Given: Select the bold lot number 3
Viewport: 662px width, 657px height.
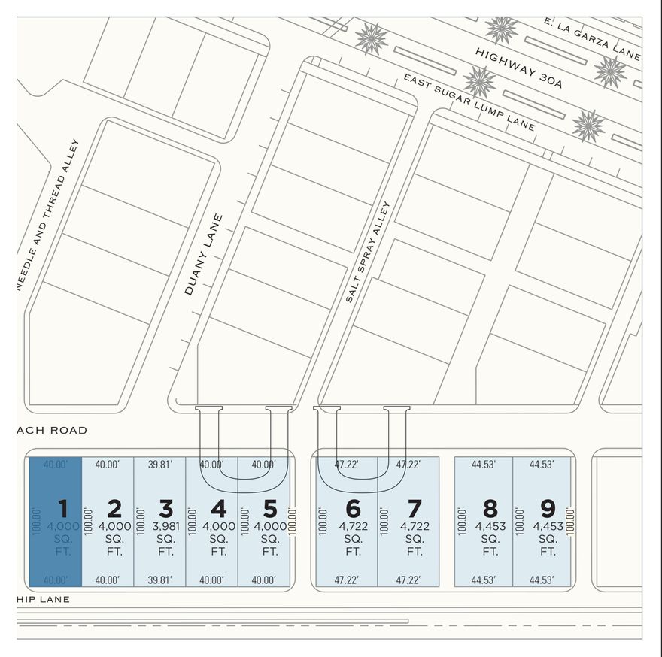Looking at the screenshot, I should click(114, 508).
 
